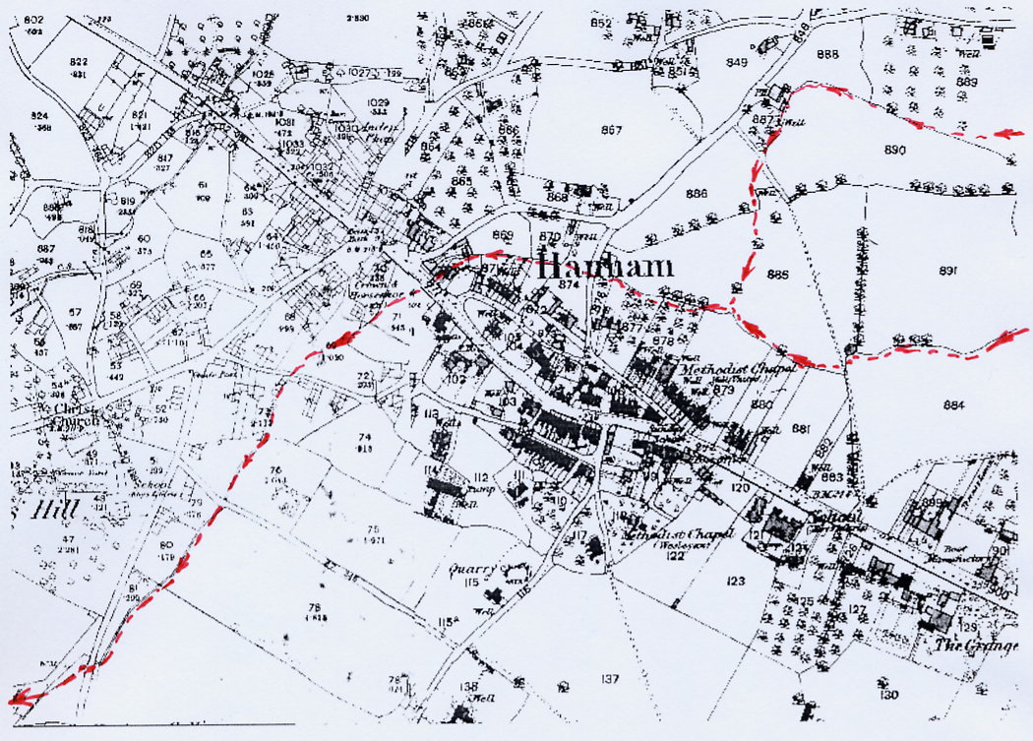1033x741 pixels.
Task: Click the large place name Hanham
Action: (605, 265)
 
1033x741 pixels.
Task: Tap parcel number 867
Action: (611, 130)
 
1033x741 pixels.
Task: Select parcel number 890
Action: (893, 151)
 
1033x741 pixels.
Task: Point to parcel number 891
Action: (948, 271)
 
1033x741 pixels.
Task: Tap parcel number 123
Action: (733, 582)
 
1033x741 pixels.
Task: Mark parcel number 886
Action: (697, 194)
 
